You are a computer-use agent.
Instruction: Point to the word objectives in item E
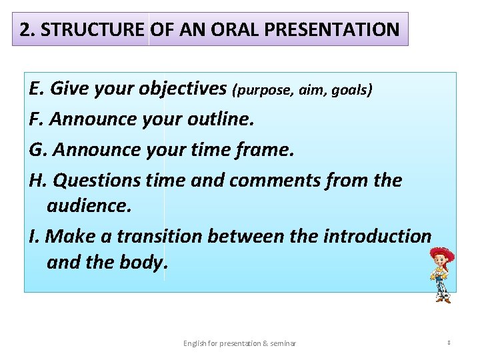point(184,89)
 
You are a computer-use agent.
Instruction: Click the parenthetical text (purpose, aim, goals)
point(302,90)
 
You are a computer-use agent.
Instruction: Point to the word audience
point(89,206)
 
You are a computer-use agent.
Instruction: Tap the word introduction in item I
point(377,236)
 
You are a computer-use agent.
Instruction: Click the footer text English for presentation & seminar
point(239,343)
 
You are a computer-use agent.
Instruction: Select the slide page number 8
point(449,343)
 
